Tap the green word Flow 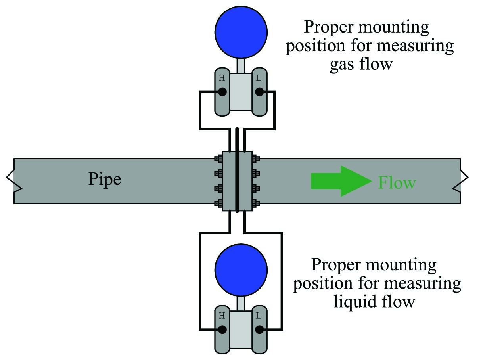click(397, 183)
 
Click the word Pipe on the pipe click(104, 180)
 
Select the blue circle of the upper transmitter click(241, 31)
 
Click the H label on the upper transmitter click(222, 78)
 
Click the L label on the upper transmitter click(259, 78)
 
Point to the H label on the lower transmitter click(222, 316)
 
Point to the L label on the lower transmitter click(259, 316)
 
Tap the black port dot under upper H click(222, 92)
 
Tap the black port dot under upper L click(259, 92)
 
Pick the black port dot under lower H click(222, 329)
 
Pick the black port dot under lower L click(259, 329)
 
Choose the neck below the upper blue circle click(241, 65)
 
